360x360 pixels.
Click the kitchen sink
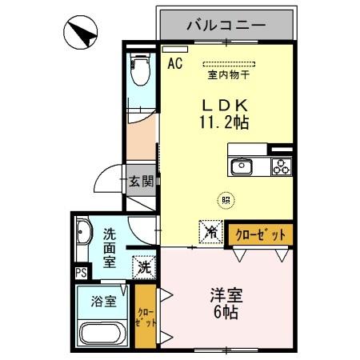[242, 166]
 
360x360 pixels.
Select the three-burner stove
[281, 166]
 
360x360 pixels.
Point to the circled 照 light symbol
[226, 202]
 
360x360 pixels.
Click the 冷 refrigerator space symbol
[210, 232]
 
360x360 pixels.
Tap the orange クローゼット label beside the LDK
[260, 234]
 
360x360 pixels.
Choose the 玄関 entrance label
[141, 182]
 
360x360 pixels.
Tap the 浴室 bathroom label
[102, 302]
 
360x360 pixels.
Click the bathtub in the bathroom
[102, 334]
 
